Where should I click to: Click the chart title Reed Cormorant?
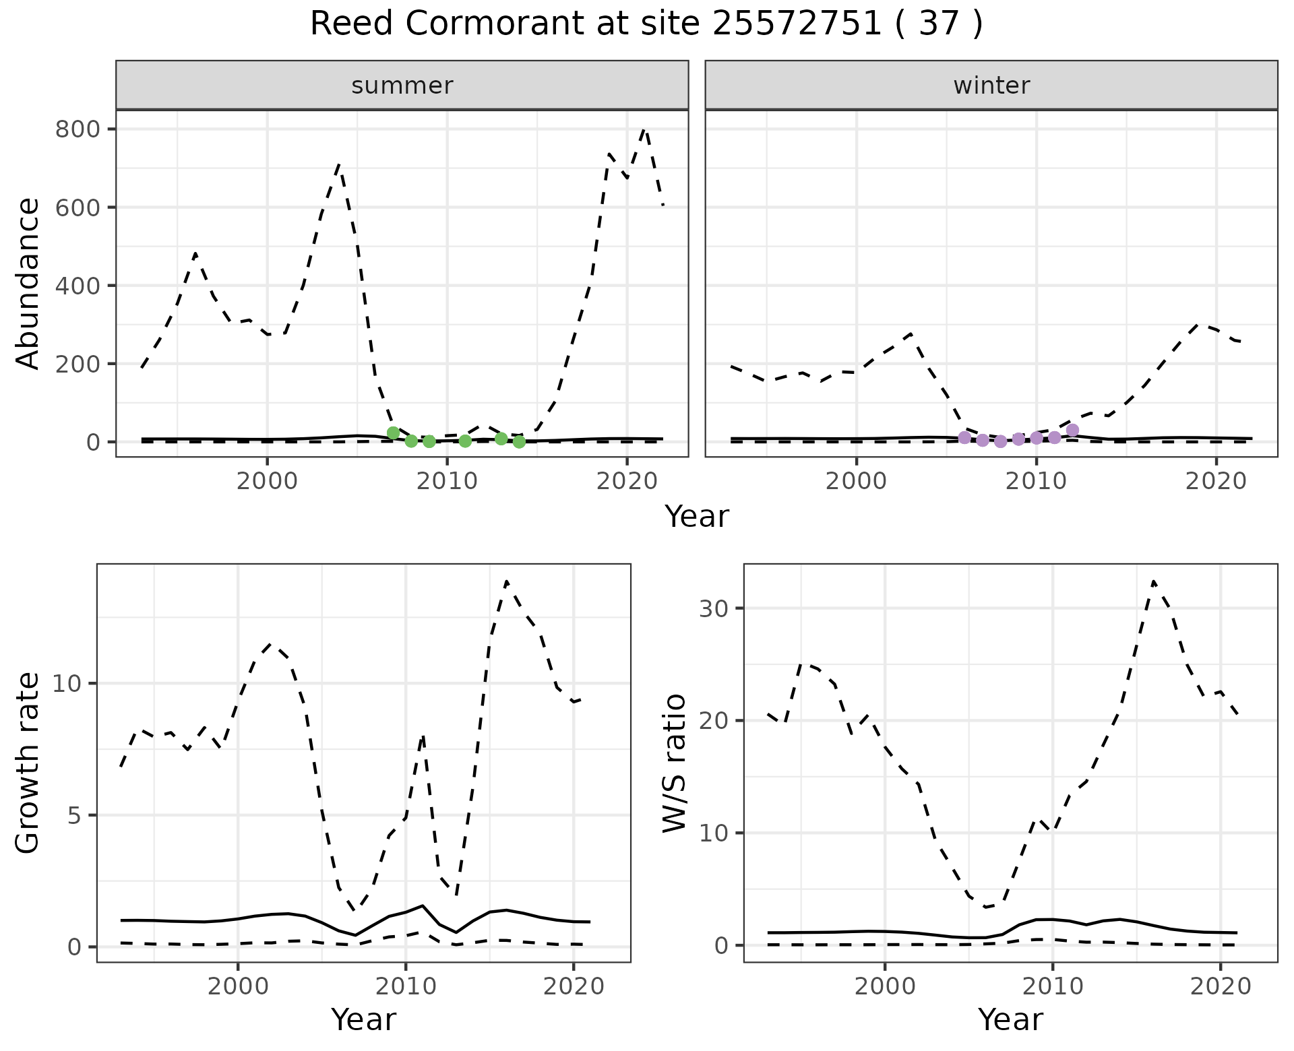[646, 24]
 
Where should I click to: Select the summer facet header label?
[402, 86]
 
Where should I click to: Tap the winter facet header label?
[991, 86]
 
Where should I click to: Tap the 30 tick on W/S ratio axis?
[714, 608]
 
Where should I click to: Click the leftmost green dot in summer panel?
[394, 433]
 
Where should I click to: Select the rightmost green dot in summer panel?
[519, 442]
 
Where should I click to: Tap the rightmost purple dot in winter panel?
[1073, 431]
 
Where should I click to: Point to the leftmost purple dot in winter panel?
[965, 438]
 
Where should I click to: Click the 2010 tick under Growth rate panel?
[405, 986]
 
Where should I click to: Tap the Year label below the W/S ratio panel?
[1010, 1020]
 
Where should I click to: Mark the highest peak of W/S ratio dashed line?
[1153, 581]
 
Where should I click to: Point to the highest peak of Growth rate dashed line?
[507, 581]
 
